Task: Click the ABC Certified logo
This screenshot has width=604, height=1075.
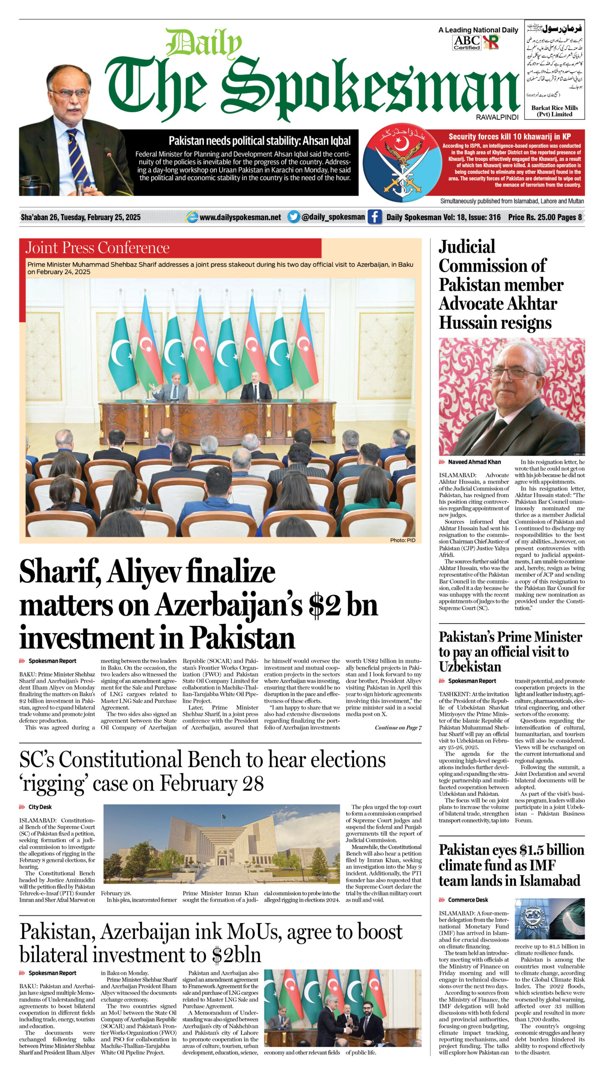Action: click(466, 42)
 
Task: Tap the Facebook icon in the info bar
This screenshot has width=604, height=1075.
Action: click(375, 217)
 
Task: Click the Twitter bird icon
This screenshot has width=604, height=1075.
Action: click(294, 217)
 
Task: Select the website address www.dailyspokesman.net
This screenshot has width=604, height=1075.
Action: click(240, 217)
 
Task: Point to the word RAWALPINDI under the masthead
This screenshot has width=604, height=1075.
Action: click(497, 118)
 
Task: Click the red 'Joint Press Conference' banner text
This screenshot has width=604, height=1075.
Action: click(97, 248)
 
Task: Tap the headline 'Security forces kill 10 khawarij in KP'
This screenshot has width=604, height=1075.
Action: click(510, 136)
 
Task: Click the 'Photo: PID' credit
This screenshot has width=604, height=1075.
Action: click(402, 540)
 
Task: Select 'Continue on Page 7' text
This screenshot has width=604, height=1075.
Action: click(398, 728)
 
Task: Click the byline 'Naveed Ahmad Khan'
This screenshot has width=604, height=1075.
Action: click(474, 462)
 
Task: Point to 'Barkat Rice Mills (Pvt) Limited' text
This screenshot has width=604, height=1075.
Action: click(555, 111)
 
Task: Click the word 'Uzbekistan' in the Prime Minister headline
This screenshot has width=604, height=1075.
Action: click(470, 666)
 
